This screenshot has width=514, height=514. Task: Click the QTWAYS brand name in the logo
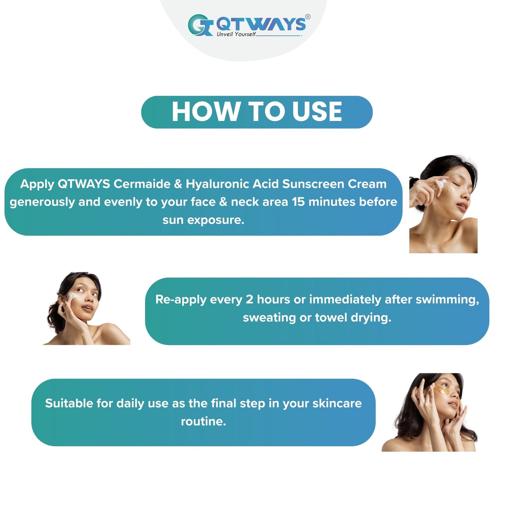click(261, 24)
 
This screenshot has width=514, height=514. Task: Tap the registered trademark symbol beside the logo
click(308, 17)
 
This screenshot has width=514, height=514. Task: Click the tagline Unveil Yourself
click(236, 34)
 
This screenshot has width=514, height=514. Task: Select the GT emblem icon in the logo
click(200, 25)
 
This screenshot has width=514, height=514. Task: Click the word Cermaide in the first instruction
click(142, 184)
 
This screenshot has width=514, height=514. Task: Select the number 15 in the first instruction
click(298, 202)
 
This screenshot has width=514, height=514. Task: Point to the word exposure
click(216, 221)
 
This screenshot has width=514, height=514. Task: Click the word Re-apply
click(181, 300)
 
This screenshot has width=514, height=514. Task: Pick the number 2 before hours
click(249, 300)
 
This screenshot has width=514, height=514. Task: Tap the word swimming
click(447, 300)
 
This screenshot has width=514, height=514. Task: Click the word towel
click(331, 318)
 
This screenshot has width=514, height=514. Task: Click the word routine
click(203, 422)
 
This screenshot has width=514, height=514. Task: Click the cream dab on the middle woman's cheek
click(73, 295)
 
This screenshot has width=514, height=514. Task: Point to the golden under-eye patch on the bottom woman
click(442, 390)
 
